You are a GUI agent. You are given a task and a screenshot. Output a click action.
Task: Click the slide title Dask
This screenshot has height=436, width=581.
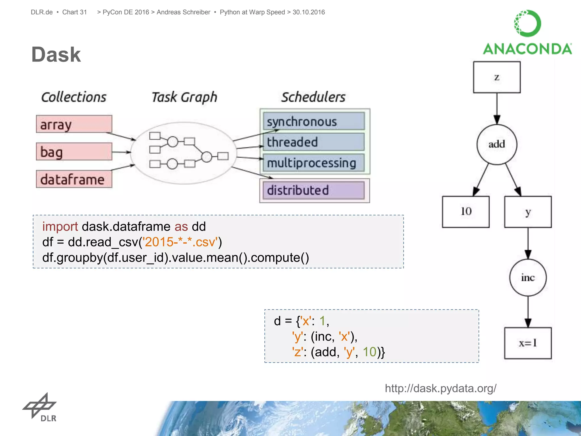(x=56, y=54)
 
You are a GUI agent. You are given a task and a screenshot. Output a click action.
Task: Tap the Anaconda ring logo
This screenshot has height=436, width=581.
(x=527, y=23)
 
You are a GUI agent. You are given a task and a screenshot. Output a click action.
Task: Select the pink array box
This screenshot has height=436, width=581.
(x=74, y=124)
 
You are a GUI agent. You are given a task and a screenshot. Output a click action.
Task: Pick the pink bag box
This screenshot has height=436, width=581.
(x=74, y=152)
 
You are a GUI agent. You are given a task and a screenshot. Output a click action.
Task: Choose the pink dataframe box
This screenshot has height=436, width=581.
(x=74, y=179)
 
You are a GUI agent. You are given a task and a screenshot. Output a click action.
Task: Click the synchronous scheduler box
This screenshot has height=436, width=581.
(x=313, y=121)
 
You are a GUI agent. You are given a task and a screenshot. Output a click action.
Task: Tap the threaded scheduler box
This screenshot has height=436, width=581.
(x=313, y=142)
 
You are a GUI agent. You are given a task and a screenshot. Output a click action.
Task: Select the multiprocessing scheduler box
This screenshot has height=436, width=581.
(x=313, y=163)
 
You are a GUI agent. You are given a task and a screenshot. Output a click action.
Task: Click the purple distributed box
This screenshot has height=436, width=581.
(x=313, y=190)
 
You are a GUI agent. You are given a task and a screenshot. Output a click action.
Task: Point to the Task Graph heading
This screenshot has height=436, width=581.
(x=184, y=97)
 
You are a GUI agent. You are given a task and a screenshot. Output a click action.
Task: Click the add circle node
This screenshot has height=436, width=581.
(x=497, y=144)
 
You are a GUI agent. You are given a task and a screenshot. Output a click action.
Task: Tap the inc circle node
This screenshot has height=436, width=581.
(x=528, y=277)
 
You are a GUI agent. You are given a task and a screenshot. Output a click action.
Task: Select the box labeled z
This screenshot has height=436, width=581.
(x=497, y=77)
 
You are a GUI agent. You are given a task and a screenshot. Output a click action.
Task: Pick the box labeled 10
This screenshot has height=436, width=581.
(x=466, y=211)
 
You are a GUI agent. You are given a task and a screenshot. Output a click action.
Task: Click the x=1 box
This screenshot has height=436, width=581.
(x=528, y=343)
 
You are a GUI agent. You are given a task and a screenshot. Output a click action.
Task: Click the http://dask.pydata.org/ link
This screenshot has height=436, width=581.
(x=440, y=388)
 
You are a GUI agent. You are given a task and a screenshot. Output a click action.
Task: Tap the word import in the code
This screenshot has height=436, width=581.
(x=60, y=227)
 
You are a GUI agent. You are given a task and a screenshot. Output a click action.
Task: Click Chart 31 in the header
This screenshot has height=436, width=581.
(x=74, y=12)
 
